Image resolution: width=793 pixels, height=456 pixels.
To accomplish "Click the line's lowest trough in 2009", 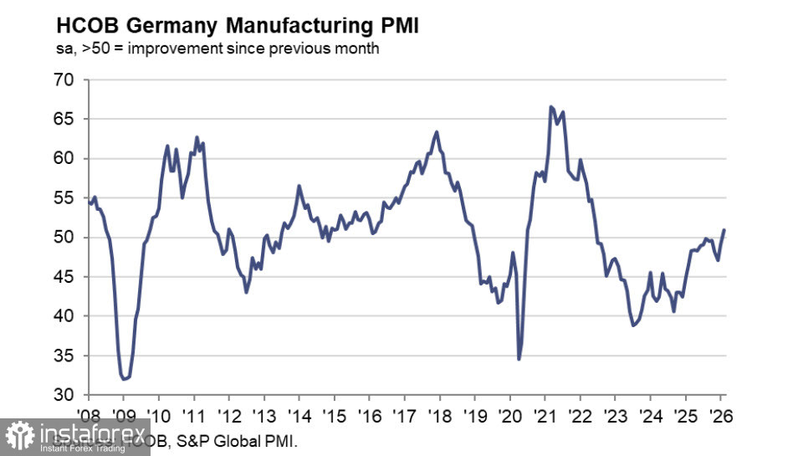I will [x=124, y=379].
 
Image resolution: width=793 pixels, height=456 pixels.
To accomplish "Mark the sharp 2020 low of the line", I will [x=519, y=359].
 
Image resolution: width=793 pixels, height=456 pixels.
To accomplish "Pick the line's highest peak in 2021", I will [x=550, y=106].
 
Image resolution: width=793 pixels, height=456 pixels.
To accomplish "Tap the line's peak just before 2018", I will [x=437, y=131].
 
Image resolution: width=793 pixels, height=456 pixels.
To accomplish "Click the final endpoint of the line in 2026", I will [x=724, y=230].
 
